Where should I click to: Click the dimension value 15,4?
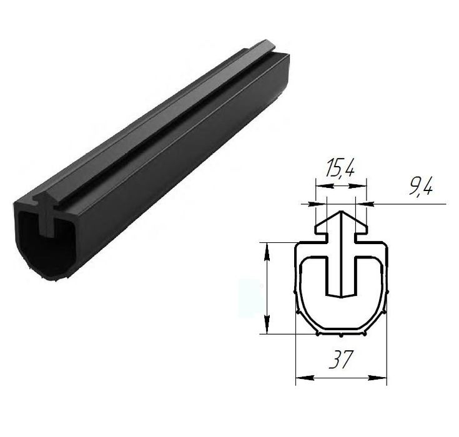click(340, 168)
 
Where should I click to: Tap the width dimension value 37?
click(340, 359)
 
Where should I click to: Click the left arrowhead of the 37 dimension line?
click(305, 378)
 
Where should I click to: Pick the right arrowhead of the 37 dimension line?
click(378, 378)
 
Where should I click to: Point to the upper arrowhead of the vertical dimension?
click(267, 252)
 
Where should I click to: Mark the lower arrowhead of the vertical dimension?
click(267, 324)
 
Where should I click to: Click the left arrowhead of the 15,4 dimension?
click(323, 185)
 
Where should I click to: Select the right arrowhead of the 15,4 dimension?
click(357, 185)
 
